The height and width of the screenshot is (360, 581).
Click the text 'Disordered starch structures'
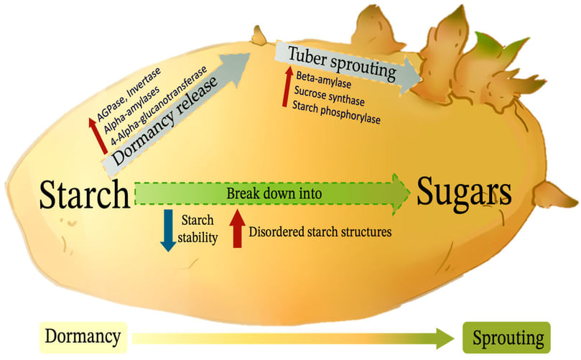point(320,232)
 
